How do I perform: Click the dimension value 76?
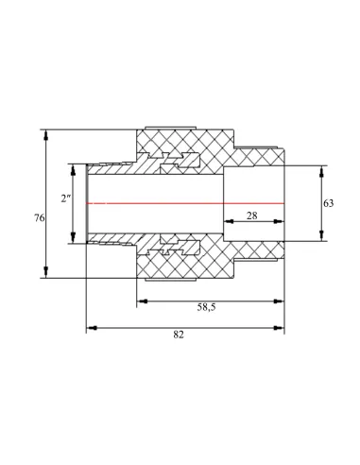coord(40,218)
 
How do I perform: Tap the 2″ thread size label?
coord(66,198)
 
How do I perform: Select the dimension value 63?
coord(328,203)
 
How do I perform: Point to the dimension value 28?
coord(252,215)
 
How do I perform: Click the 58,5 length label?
coord(207,307)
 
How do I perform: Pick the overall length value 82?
coord(179,335)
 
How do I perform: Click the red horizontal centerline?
coord(185,203)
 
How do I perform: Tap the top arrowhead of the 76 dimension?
coord(46,135)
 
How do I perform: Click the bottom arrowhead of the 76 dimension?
coord(46,272)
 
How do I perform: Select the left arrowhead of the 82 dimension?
coord(92,328)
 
